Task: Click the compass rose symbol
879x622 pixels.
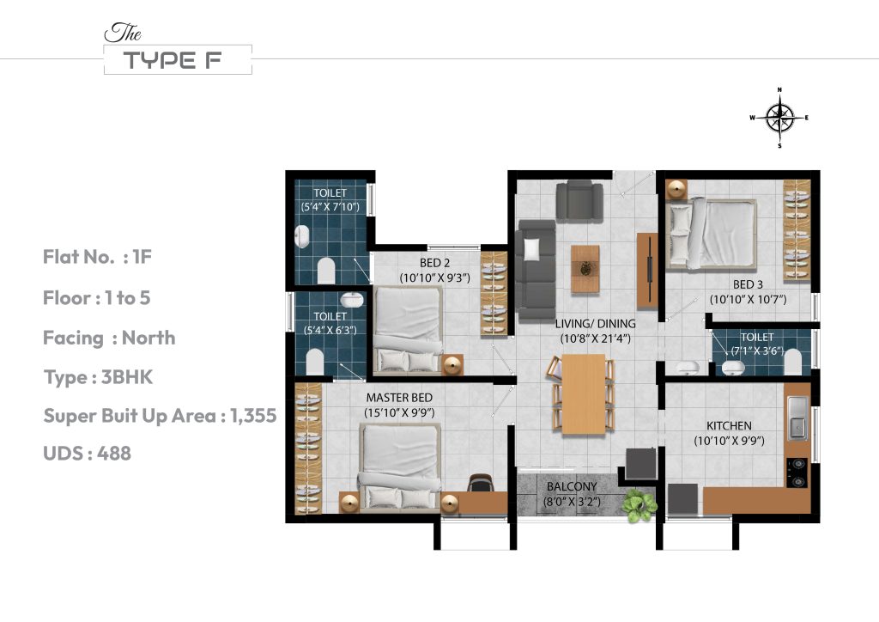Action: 779,118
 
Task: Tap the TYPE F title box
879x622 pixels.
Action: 177,60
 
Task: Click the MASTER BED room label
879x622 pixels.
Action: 398,398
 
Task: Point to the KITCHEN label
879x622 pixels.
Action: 729,425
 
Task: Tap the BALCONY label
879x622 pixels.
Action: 571,486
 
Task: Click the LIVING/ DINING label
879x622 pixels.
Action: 595,323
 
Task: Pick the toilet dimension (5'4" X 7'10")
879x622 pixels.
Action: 330,207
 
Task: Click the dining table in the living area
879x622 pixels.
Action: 582,393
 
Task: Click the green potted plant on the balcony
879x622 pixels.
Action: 638,506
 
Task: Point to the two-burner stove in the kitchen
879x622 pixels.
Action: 797,468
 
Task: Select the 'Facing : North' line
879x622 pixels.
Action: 109,338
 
